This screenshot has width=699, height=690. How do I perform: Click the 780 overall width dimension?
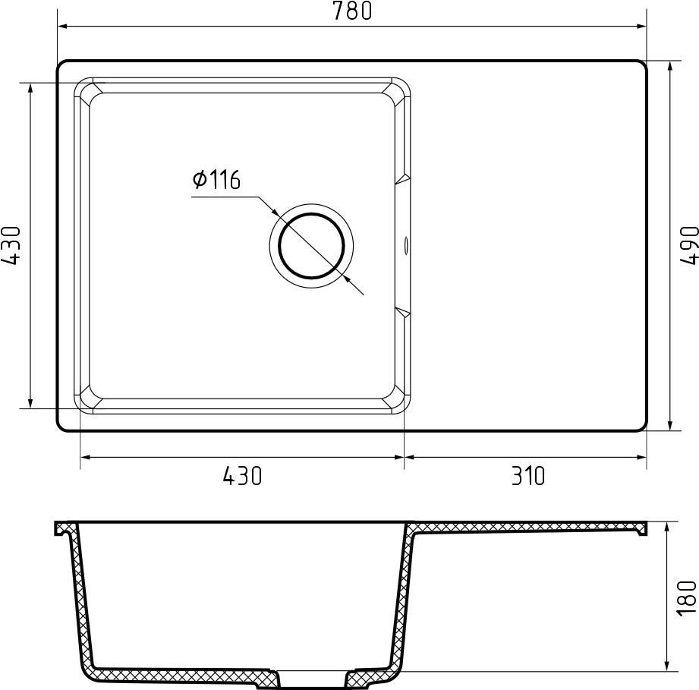pos(351,11)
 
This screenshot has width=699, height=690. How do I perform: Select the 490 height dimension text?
pos(688,245)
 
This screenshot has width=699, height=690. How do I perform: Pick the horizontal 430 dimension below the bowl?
pos(242,476)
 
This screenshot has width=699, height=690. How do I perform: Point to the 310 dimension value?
pos(527,476)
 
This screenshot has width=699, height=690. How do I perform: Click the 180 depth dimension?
pos(688,597)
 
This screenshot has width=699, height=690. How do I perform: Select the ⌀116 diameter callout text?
pos(216,180)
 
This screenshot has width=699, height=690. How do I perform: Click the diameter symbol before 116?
pos(200,180)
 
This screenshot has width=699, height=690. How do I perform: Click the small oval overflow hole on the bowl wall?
pos(406,245)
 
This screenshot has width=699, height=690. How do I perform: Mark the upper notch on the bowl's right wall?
pos(402,180)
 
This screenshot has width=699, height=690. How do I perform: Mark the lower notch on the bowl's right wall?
pos(402,312)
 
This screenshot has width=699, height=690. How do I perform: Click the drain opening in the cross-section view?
pos(312,678)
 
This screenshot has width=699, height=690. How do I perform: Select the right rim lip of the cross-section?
pos(641,529)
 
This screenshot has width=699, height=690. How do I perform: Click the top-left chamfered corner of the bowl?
pos(85,89)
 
